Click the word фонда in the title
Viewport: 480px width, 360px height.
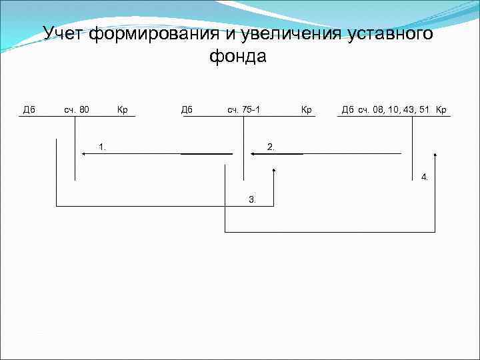pos(238,57)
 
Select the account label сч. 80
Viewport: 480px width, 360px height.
pos(77,109)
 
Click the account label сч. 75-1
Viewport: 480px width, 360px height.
pos(242,109)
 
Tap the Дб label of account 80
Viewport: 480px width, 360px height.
pos(29,109)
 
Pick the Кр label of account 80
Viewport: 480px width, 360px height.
pos(122,109)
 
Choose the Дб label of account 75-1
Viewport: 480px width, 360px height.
pos(187,109)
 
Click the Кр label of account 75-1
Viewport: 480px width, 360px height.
pos(307,109)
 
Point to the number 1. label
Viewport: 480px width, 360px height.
pos(103,146)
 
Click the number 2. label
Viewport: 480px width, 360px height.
pos(271,146)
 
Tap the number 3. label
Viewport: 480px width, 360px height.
pos(252,199)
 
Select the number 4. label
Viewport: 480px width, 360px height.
pos(425,177)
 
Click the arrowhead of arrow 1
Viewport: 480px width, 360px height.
pos(84,154)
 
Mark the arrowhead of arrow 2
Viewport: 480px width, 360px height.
pos(253,154)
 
